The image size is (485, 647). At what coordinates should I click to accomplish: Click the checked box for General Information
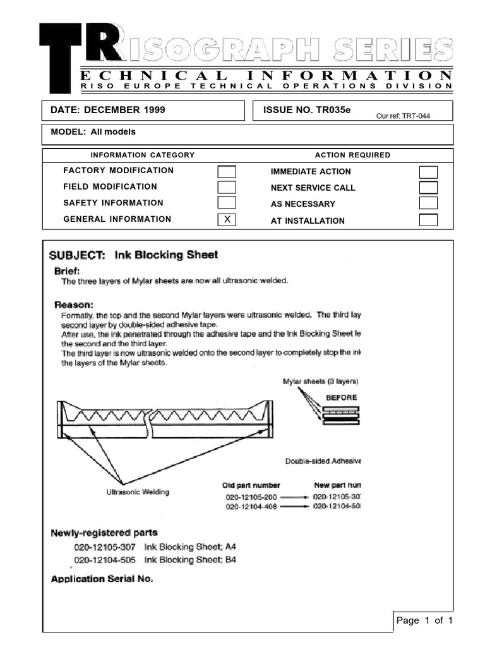click(227, 220)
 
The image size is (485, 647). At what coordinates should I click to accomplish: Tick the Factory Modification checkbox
click(227, 171)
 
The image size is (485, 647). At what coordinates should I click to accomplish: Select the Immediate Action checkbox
click(429, 172)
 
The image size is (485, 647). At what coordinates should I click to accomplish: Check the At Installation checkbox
click(429, 221)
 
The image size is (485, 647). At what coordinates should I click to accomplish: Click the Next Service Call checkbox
click(429, 188)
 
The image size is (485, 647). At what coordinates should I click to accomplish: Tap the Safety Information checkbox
click(227, 203)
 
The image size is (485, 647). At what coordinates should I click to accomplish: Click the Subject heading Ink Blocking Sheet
click(133, 255)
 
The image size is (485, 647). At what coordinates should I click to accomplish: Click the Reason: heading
click(74, 303)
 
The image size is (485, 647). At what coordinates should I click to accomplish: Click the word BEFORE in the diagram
click(341, 397)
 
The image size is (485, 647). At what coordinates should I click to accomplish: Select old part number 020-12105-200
click(251, 497)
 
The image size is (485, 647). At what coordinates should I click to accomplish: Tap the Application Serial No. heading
click(102, 578)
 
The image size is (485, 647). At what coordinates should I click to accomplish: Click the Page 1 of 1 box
click(424, 621)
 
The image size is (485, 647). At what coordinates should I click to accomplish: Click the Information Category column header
click(143, 155)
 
